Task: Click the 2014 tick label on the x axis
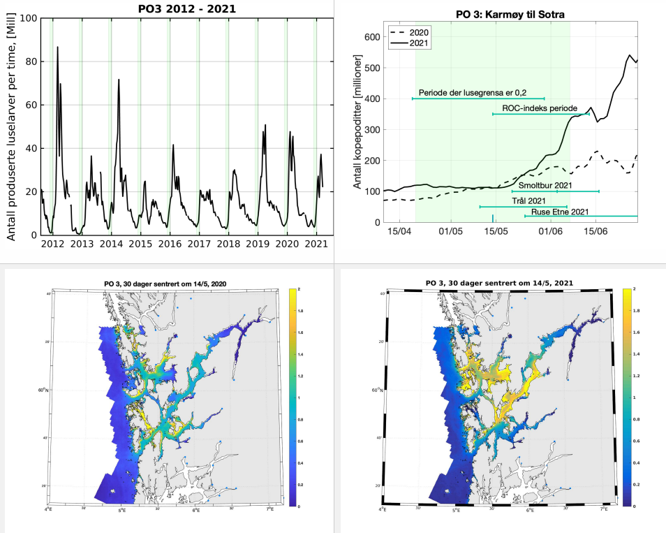(x=111, y=243)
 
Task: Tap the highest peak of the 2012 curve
(x=57, y=48)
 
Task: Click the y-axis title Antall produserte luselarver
(x=11, y=129)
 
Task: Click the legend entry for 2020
(x=417, y=32)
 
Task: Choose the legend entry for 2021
(x=417, y=43)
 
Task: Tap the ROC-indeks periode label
(x=540, y=109)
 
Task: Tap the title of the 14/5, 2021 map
(x=498, y=283)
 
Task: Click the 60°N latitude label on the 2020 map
(x=42, y=389)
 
